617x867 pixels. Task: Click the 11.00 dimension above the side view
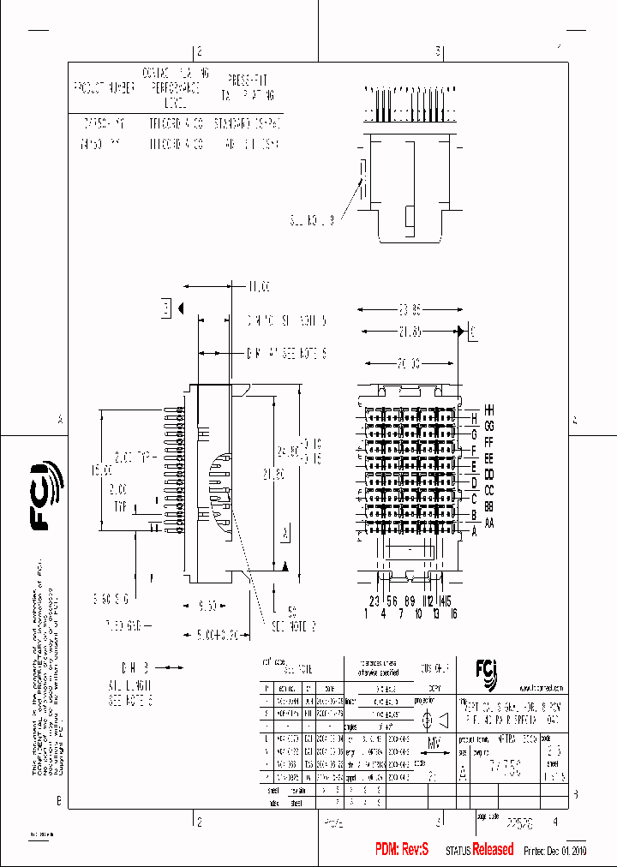(x=258, y=285)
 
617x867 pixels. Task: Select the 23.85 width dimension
(x=410, y=309)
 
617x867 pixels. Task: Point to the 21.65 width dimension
(x=410, y=331)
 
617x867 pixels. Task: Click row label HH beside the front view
(x=489, y=410)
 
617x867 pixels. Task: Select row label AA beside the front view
(x=489, y=523)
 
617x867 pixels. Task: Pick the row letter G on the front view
(x=473, y=433)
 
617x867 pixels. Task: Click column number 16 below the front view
(x=453, y=613)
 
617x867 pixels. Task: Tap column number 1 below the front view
(x=367, y=613)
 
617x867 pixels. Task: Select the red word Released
(x=494, y=849)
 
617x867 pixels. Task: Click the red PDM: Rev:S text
(x=401, y=849)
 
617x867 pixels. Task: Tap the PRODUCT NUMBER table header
(x=104, y=87)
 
